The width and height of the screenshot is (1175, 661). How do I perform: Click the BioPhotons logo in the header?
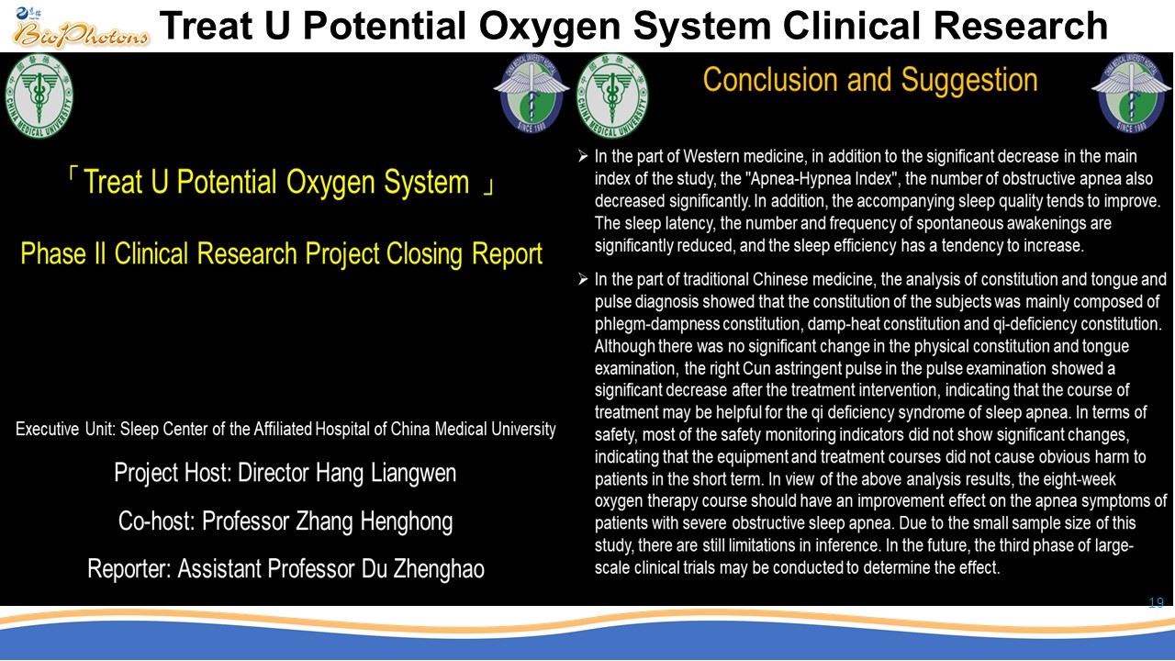click(x=80, y=28)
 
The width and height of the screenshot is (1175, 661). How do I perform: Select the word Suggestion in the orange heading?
click(x=969, y=80)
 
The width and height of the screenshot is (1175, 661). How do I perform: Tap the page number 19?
click(x=1156, y=602)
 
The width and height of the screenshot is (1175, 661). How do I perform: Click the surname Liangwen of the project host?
click(x=413, y=473)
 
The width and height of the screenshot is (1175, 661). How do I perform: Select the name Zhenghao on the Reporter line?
click(x=439, y=569)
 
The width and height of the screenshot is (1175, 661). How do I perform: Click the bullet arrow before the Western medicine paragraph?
click(x=583, y=156)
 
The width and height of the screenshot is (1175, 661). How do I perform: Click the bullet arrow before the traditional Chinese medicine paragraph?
click(x=583, y=279)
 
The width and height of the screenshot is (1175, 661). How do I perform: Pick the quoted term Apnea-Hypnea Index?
click(x=822, y=179)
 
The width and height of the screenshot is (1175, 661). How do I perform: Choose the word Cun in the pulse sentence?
click(x=756, y=368)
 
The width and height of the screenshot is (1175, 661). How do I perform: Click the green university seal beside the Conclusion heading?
click(x=612, y=95)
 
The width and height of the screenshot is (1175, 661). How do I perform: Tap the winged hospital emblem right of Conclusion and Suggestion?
click(x=1131, y=93)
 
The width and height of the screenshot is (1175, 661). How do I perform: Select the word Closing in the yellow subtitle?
click(x=426, y=254)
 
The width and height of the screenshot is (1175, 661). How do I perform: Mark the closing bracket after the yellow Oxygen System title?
click(x=488, y=186)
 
